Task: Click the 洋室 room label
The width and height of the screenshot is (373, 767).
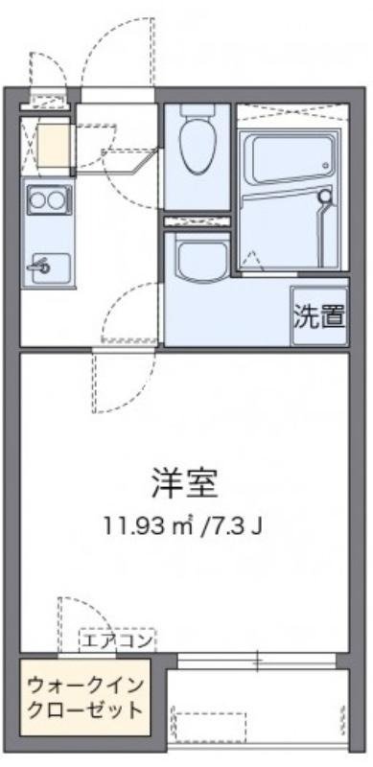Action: [185, 482]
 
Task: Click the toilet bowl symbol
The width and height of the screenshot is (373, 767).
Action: [197, 144]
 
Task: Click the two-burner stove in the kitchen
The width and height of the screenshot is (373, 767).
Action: [47, 200]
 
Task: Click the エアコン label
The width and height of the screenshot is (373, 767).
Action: [116, 640]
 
